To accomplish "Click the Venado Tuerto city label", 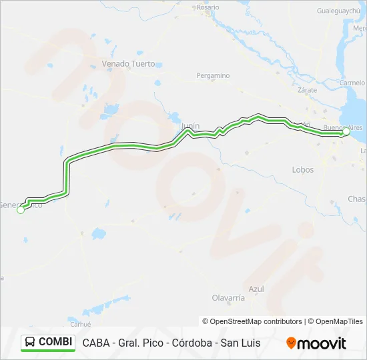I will (128, 64).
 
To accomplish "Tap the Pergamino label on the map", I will (213, 76).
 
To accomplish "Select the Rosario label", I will (208, 7).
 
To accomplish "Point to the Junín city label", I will (191, 124).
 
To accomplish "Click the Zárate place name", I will (308, 89).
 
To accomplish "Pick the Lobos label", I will (302, 170).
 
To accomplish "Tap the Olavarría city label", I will (228, 297).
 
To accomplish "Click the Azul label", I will (256, 289).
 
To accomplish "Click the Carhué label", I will (80, 324).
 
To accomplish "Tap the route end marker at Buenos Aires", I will (346, 132).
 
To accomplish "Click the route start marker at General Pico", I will (21, 210).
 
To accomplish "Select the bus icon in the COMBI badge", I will (30, 343).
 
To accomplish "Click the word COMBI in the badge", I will (55, 343).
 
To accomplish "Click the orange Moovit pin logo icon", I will (291, 343).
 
